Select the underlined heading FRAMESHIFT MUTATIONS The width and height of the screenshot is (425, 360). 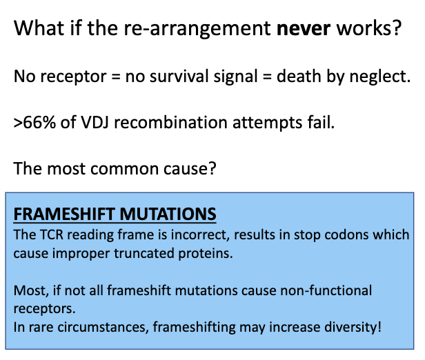pyautogui.click(x=115, y=214)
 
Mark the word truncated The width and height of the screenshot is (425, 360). pyautogui.click(x=131, y=252)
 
